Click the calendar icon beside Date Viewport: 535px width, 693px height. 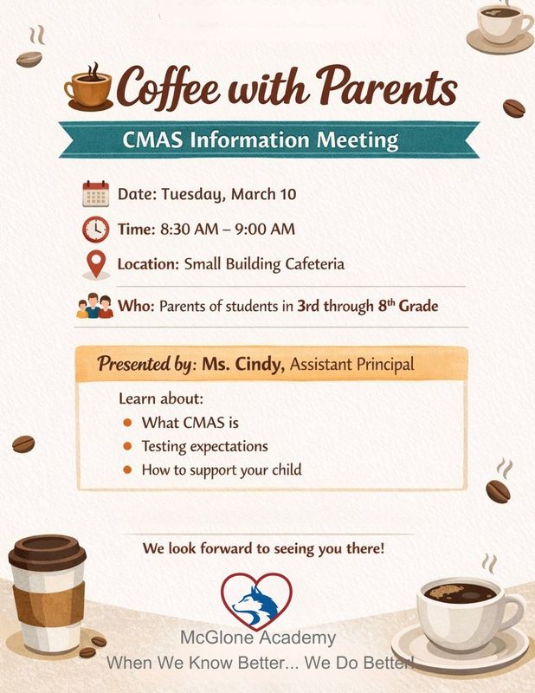click(95, 193)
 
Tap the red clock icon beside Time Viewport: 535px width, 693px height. click(95, 229)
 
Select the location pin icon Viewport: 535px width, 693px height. click(95, 264)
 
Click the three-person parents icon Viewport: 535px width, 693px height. click(95, 307)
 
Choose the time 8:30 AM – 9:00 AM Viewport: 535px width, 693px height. click(227, 229)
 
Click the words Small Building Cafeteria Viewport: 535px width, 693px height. click(264, 264)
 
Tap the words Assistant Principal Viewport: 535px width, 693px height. click(352, 365)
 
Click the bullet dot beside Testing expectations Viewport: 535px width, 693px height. click(128, 446)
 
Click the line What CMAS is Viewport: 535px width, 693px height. click(190, 423)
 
